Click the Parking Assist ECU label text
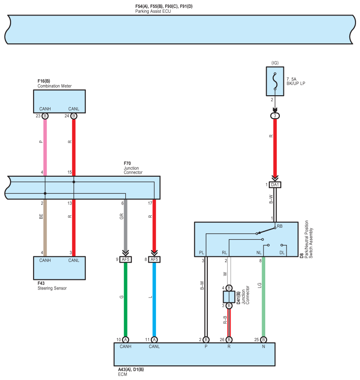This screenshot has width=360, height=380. coord(153,12)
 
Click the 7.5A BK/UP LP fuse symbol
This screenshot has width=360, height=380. coord(275,81)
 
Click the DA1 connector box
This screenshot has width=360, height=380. coord(275,184)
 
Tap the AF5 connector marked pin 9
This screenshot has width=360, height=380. coord(126,260)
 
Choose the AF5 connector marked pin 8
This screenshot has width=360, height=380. coord(154,260)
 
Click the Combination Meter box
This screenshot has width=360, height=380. coord(59,101)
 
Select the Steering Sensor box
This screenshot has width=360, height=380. coord(59,268)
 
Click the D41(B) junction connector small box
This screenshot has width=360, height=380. coord(229,297)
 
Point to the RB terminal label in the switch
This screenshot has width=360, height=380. coord(279,226)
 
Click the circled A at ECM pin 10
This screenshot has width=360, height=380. coord(126,340)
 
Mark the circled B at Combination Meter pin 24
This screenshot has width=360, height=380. coord(74,116)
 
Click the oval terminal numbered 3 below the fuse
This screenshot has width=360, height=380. coord(275,116)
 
